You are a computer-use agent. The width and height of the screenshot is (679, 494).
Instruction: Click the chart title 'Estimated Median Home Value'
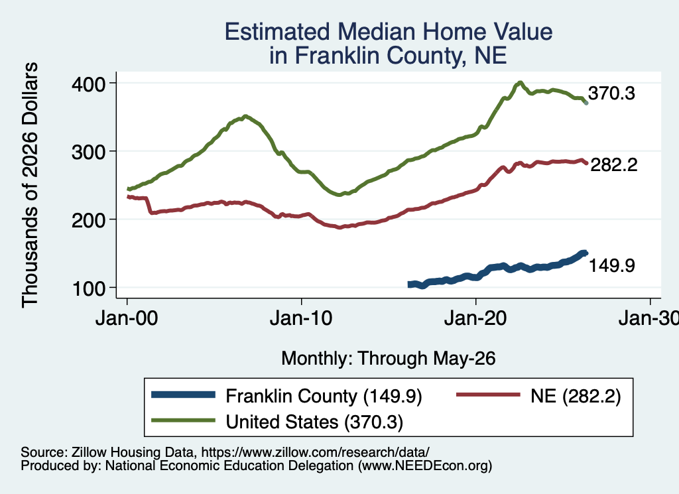389,32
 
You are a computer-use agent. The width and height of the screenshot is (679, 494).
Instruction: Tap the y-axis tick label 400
88,84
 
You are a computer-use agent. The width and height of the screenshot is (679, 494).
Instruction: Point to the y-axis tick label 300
88,152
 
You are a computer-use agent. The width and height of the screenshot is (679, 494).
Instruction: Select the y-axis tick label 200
88,220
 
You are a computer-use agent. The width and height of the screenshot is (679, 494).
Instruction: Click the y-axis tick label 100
90,289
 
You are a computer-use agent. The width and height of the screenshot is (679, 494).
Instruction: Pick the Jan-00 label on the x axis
127,319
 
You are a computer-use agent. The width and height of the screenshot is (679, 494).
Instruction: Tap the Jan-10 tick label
301,319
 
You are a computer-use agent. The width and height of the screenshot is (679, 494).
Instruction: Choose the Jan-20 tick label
475,319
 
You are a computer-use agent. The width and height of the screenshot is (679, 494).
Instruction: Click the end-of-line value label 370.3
611,93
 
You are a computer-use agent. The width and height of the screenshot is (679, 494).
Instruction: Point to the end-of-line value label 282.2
614,165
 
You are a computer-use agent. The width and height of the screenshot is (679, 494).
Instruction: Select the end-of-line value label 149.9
612,265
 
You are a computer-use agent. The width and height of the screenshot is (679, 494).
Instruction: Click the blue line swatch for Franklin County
183,395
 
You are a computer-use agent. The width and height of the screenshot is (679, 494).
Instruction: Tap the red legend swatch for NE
488,395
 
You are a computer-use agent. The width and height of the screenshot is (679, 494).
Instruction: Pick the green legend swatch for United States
183,420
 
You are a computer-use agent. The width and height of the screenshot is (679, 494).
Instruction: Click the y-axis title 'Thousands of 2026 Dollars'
30,185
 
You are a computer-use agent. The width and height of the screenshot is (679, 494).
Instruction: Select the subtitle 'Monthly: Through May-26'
389,359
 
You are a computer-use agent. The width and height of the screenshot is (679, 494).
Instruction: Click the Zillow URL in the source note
315,452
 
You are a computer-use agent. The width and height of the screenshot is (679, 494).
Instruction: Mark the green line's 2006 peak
245,116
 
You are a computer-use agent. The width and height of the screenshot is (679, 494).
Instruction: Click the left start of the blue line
408,284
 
